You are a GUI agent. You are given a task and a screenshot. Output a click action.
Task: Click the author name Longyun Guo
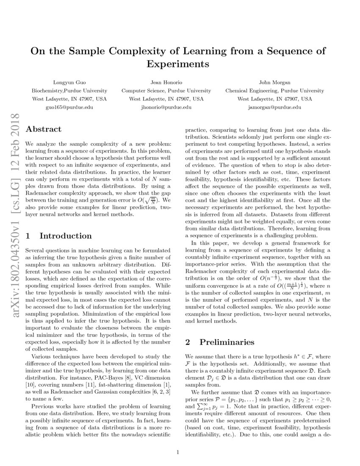[69, 82]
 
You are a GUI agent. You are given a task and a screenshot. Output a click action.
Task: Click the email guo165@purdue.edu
[69, 107]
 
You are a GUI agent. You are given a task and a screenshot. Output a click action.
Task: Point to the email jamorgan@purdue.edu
[274, 107]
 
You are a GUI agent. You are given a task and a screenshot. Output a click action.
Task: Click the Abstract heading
[43, 129]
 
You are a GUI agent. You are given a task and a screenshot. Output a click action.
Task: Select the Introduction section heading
[65, 236]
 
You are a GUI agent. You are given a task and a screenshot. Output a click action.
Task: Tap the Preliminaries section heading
[227, 342]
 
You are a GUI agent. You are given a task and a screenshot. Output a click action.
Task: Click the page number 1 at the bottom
[178, 452]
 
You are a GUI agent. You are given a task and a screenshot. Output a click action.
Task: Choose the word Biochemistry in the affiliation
[47, 91]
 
